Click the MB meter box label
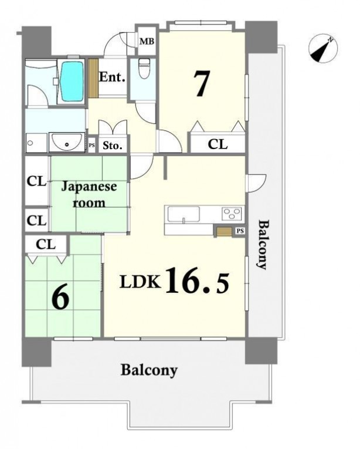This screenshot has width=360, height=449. click(x=147, y=42)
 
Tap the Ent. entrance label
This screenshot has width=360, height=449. click(x=112, y=77)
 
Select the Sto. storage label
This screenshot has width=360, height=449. click(x=113, y=146)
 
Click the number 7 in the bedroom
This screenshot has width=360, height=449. click(x=202, y=83)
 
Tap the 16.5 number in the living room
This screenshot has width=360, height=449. click(x=197, y=281)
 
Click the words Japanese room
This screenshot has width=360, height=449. click(x=89, y=194)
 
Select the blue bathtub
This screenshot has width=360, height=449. click(x=72, y=82)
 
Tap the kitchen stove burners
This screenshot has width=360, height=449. click(x=232, y=214)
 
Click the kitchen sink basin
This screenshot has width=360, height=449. click(x=184, y=214)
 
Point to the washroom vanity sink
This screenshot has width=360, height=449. click(x=67, y=142)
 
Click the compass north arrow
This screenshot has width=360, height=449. click(x=323, y=48)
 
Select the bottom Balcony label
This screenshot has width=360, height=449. click(x=149, y=370)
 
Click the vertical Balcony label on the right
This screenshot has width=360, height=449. click(x=263, y=245)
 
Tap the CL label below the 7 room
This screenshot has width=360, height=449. click(x=218, y=144)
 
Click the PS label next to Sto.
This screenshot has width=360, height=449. click(x=91, y=146)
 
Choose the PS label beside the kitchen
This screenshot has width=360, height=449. click(x=240, y=231)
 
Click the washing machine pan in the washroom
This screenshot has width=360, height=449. click(x=36, y=143)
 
